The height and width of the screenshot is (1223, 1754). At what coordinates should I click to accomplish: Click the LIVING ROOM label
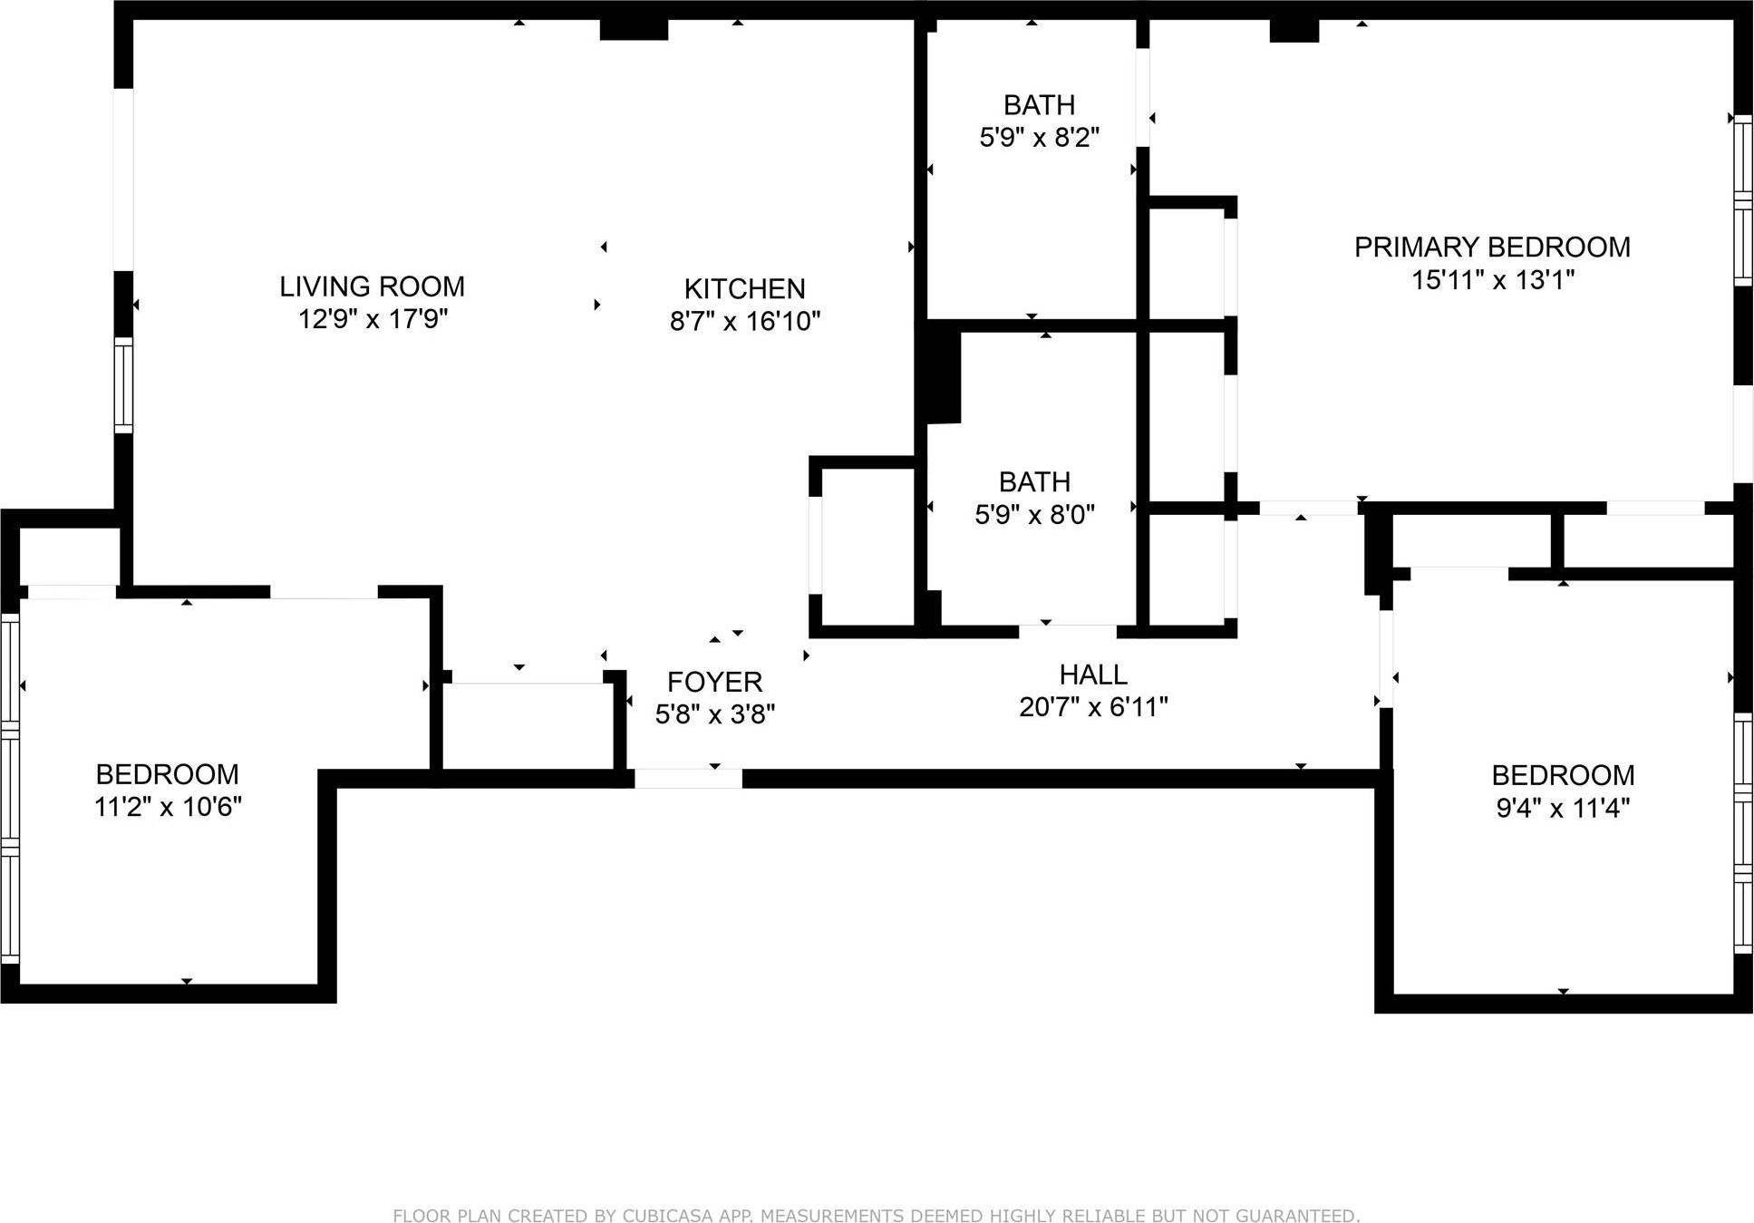372,286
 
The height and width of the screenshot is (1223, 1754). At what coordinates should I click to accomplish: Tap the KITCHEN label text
744,289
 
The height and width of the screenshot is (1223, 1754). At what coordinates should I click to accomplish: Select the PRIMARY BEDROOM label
1492,248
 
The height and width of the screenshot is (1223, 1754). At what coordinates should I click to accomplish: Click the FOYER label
714,682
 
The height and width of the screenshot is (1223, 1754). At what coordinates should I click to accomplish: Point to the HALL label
1093,675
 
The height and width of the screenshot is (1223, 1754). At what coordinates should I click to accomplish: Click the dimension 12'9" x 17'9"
373,319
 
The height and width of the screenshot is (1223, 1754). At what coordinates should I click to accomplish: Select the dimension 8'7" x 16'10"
745,321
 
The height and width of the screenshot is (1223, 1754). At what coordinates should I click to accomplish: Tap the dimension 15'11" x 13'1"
1492,280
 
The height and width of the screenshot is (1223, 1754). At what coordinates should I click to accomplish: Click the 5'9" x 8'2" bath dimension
1039,138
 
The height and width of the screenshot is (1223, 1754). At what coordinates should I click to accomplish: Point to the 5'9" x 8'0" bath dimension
1034,515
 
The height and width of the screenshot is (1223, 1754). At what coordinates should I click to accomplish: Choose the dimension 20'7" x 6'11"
1093,707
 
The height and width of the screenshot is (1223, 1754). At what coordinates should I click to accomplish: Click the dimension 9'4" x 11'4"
1563,808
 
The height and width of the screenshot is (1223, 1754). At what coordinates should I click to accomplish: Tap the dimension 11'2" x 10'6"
168,807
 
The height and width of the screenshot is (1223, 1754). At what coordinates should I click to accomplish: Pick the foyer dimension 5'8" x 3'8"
714,714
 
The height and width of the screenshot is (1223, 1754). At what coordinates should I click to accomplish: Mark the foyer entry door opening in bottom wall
688,778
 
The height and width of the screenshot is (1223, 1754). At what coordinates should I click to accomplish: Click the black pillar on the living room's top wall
634,29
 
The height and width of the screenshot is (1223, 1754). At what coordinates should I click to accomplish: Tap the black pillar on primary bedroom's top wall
1294,30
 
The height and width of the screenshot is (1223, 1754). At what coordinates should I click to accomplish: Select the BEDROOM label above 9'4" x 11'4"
1563,775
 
